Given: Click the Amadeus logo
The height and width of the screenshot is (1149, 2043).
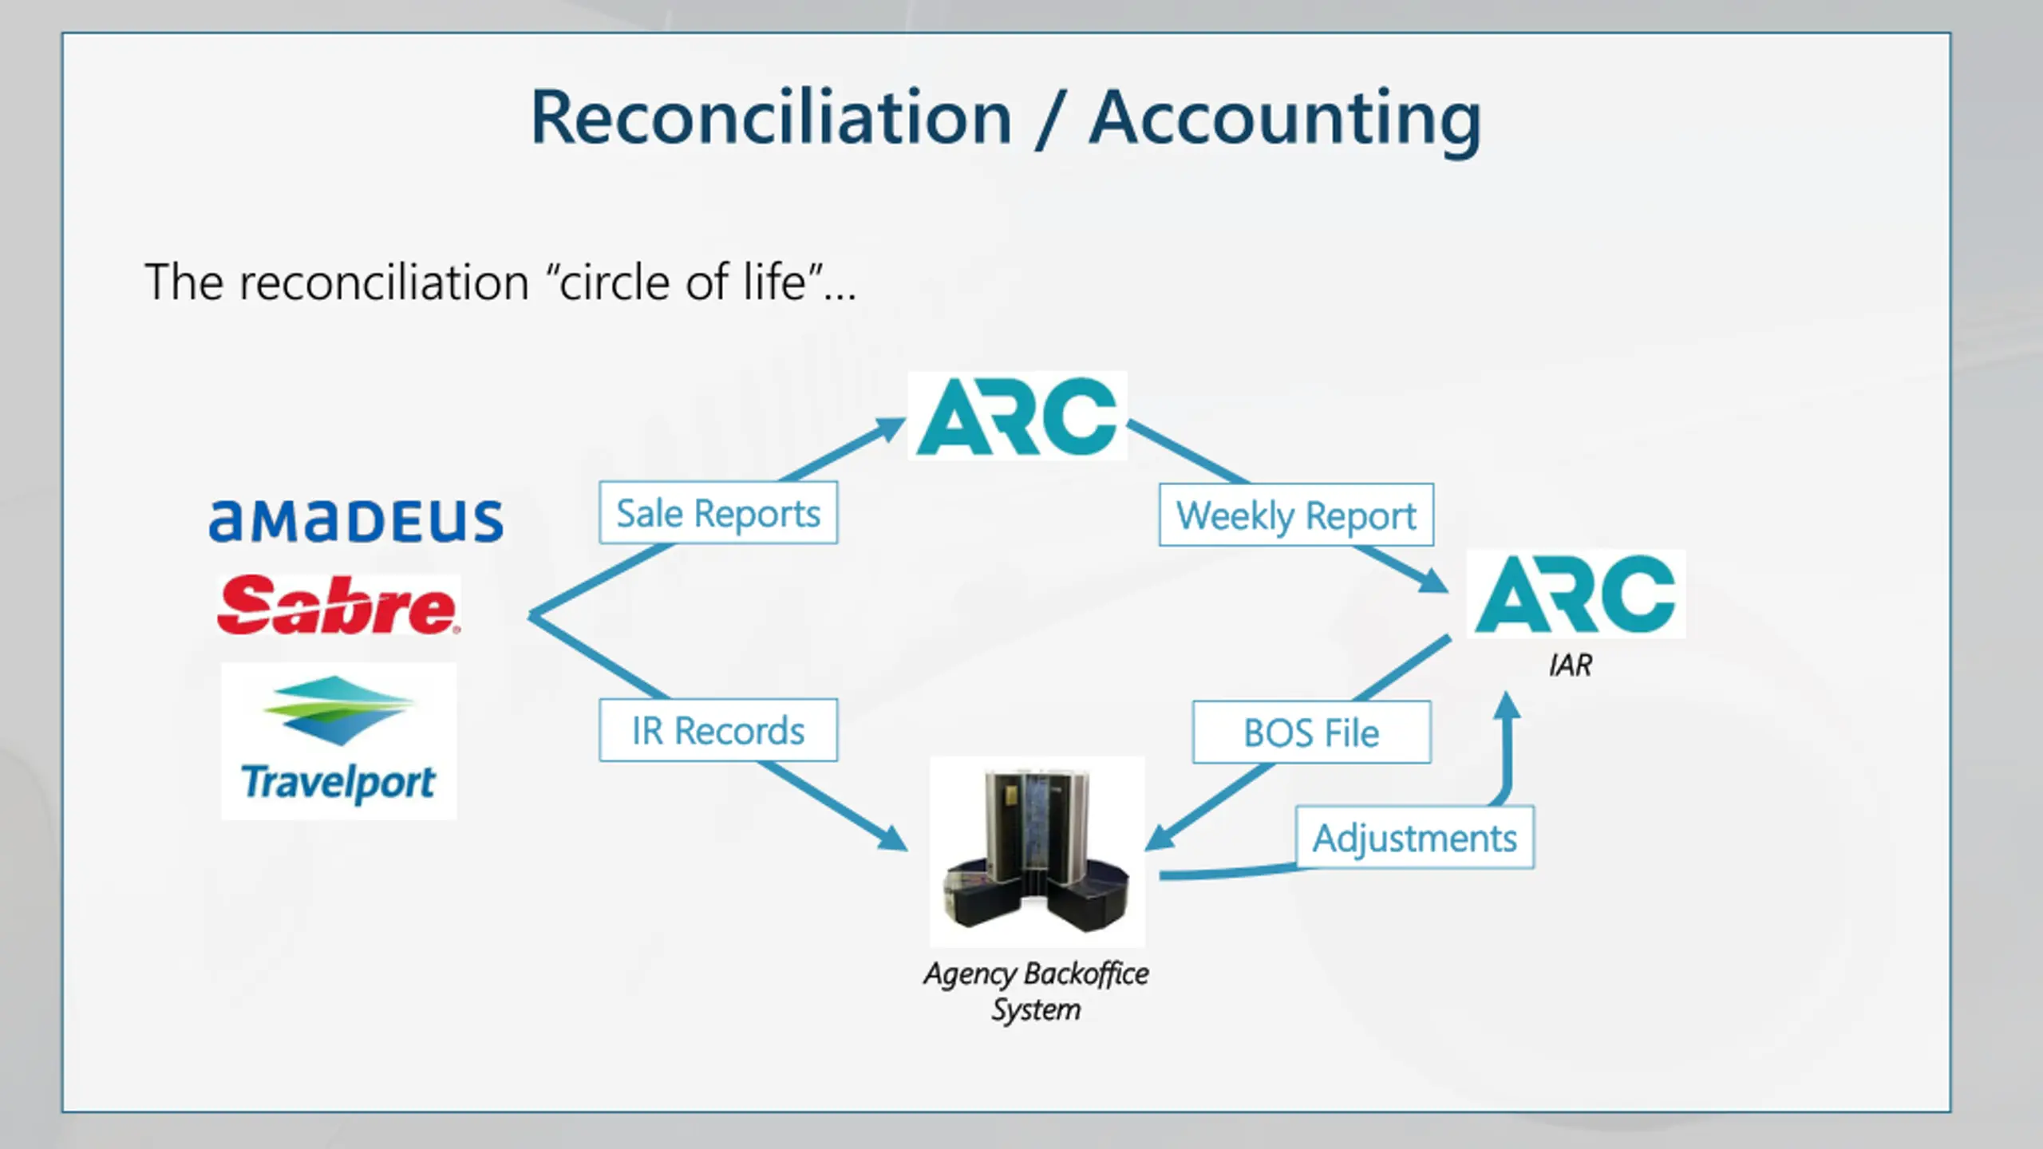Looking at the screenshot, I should (x=356, y=521).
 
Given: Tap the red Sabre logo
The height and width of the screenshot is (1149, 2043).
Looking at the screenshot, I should (x=338, y=606).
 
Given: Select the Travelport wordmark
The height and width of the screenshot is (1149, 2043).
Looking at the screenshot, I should (x=338, y=782).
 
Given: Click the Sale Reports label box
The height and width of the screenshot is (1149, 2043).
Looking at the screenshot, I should (x=718, y=513).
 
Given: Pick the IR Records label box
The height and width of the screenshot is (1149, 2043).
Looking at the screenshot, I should (x=718, y=731).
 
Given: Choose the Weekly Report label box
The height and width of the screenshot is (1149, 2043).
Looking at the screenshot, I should (x=1296, y=515).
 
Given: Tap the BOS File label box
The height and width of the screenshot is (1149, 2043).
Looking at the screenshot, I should (x=1311, y=732).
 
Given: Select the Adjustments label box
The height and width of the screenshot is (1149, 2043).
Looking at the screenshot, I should (x=1414, y=838).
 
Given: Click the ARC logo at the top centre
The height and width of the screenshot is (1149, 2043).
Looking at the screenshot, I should (x=1018, y=416).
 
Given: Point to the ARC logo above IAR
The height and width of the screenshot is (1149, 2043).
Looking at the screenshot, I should (x=1576, y=594).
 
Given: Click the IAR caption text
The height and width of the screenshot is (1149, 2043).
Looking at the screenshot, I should (x=1571, y=665).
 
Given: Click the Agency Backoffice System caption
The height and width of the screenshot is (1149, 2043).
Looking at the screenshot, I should (x=1036, y=991).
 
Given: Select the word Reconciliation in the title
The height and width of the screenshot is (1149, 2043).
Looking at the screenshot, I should (x=772, y=118).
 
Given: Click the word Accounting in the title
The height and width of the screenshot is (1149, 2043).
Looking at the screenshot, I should (x=1285, y=118).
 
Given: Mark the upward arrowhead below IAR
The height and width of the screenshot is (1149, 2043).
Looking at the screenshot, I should (x=1506, y=707).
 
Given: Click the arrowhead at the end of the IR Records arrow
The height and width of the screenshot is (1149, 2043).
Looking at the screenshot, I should (x=892, y=839).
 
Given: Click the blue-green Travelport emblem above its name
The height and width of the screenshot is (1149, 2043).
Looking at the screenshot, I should (x=338, y=710).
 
